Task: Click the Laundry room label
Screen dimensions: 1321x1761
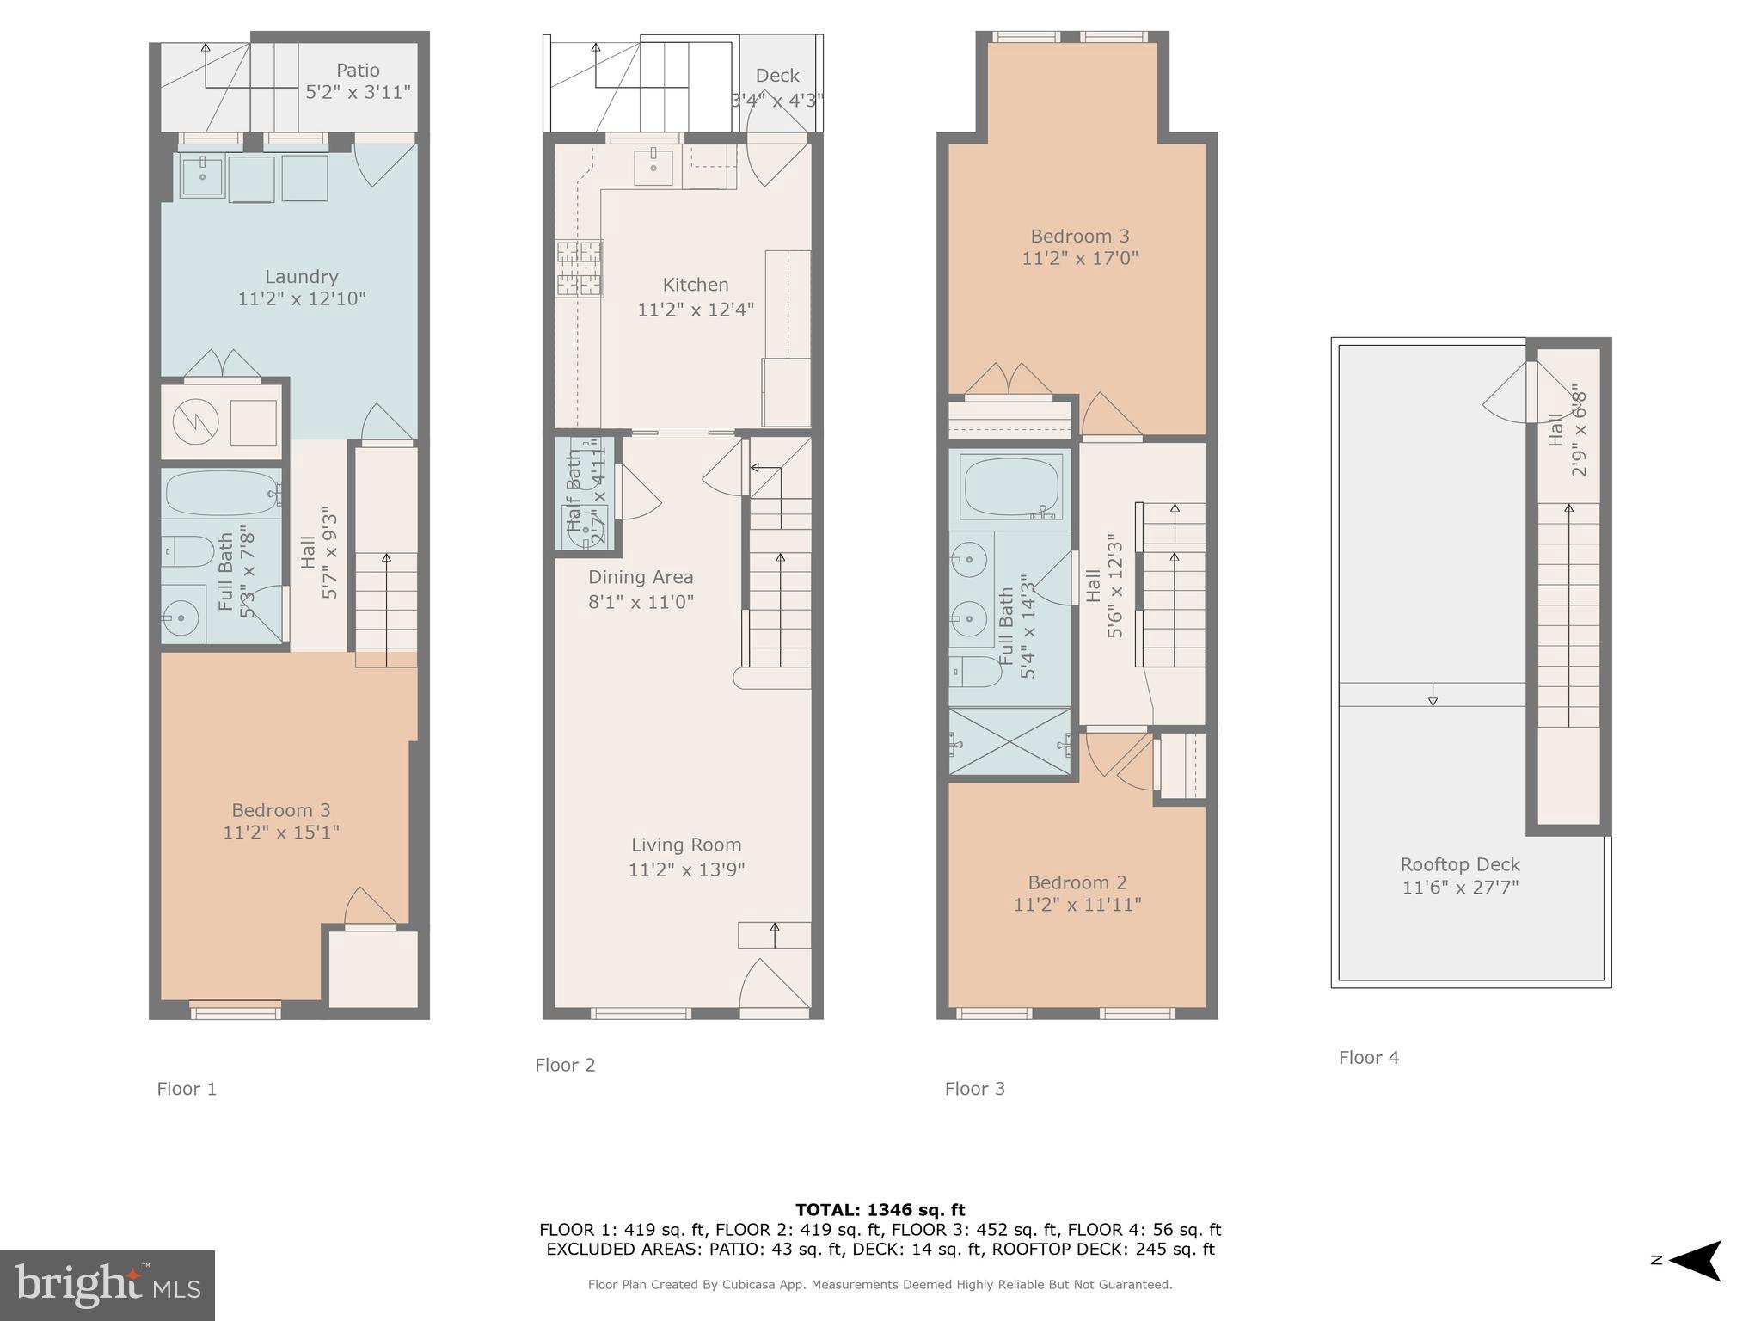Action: (x=301, y=277)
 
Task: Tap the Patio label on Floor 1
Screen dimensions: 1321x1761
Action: (x=358, y=71)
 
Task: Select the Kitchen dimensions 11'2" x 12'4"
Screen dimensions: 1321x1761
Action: (x=695, y=309)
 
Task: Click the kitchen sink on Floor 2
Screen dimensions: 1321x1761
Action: (x=653, y=166)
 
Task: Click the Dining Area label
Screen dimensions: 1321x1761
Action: (x=641, y=577)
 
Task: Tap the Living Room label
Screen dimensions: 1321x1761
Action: (x=686, y=845)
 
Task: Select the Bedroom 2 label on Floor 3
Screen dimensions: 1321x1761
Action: (x=1077, y=882)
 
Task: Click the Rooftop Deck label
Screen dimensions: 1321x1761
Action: (x=1460, y=864)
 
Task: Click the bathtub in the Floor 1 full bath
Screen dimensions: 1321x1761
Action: (x=222, y=493)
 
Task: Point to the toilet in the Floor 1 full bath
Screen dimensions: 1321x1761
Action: (x=188, y=551)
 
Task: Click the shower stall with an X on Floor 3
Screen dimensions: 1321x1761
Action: (x=1010, y=741)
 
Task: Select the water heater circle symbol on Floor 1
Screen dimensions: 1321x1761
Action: (x=195, y=421)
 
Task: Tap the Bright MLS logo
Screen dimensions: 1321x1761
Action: (x=107, y=1285)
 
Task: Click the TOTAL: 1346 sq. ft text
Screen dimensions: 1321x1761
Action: (x=880, y=1210)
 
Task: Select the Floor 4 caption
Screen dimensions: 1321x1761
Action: (x=1368, y=1058)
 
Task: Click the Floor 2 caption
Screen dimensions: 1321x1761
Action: (x=565, y=1065)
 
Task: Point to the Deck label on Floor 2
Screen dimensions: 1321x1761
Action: (x=777, y=76)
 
